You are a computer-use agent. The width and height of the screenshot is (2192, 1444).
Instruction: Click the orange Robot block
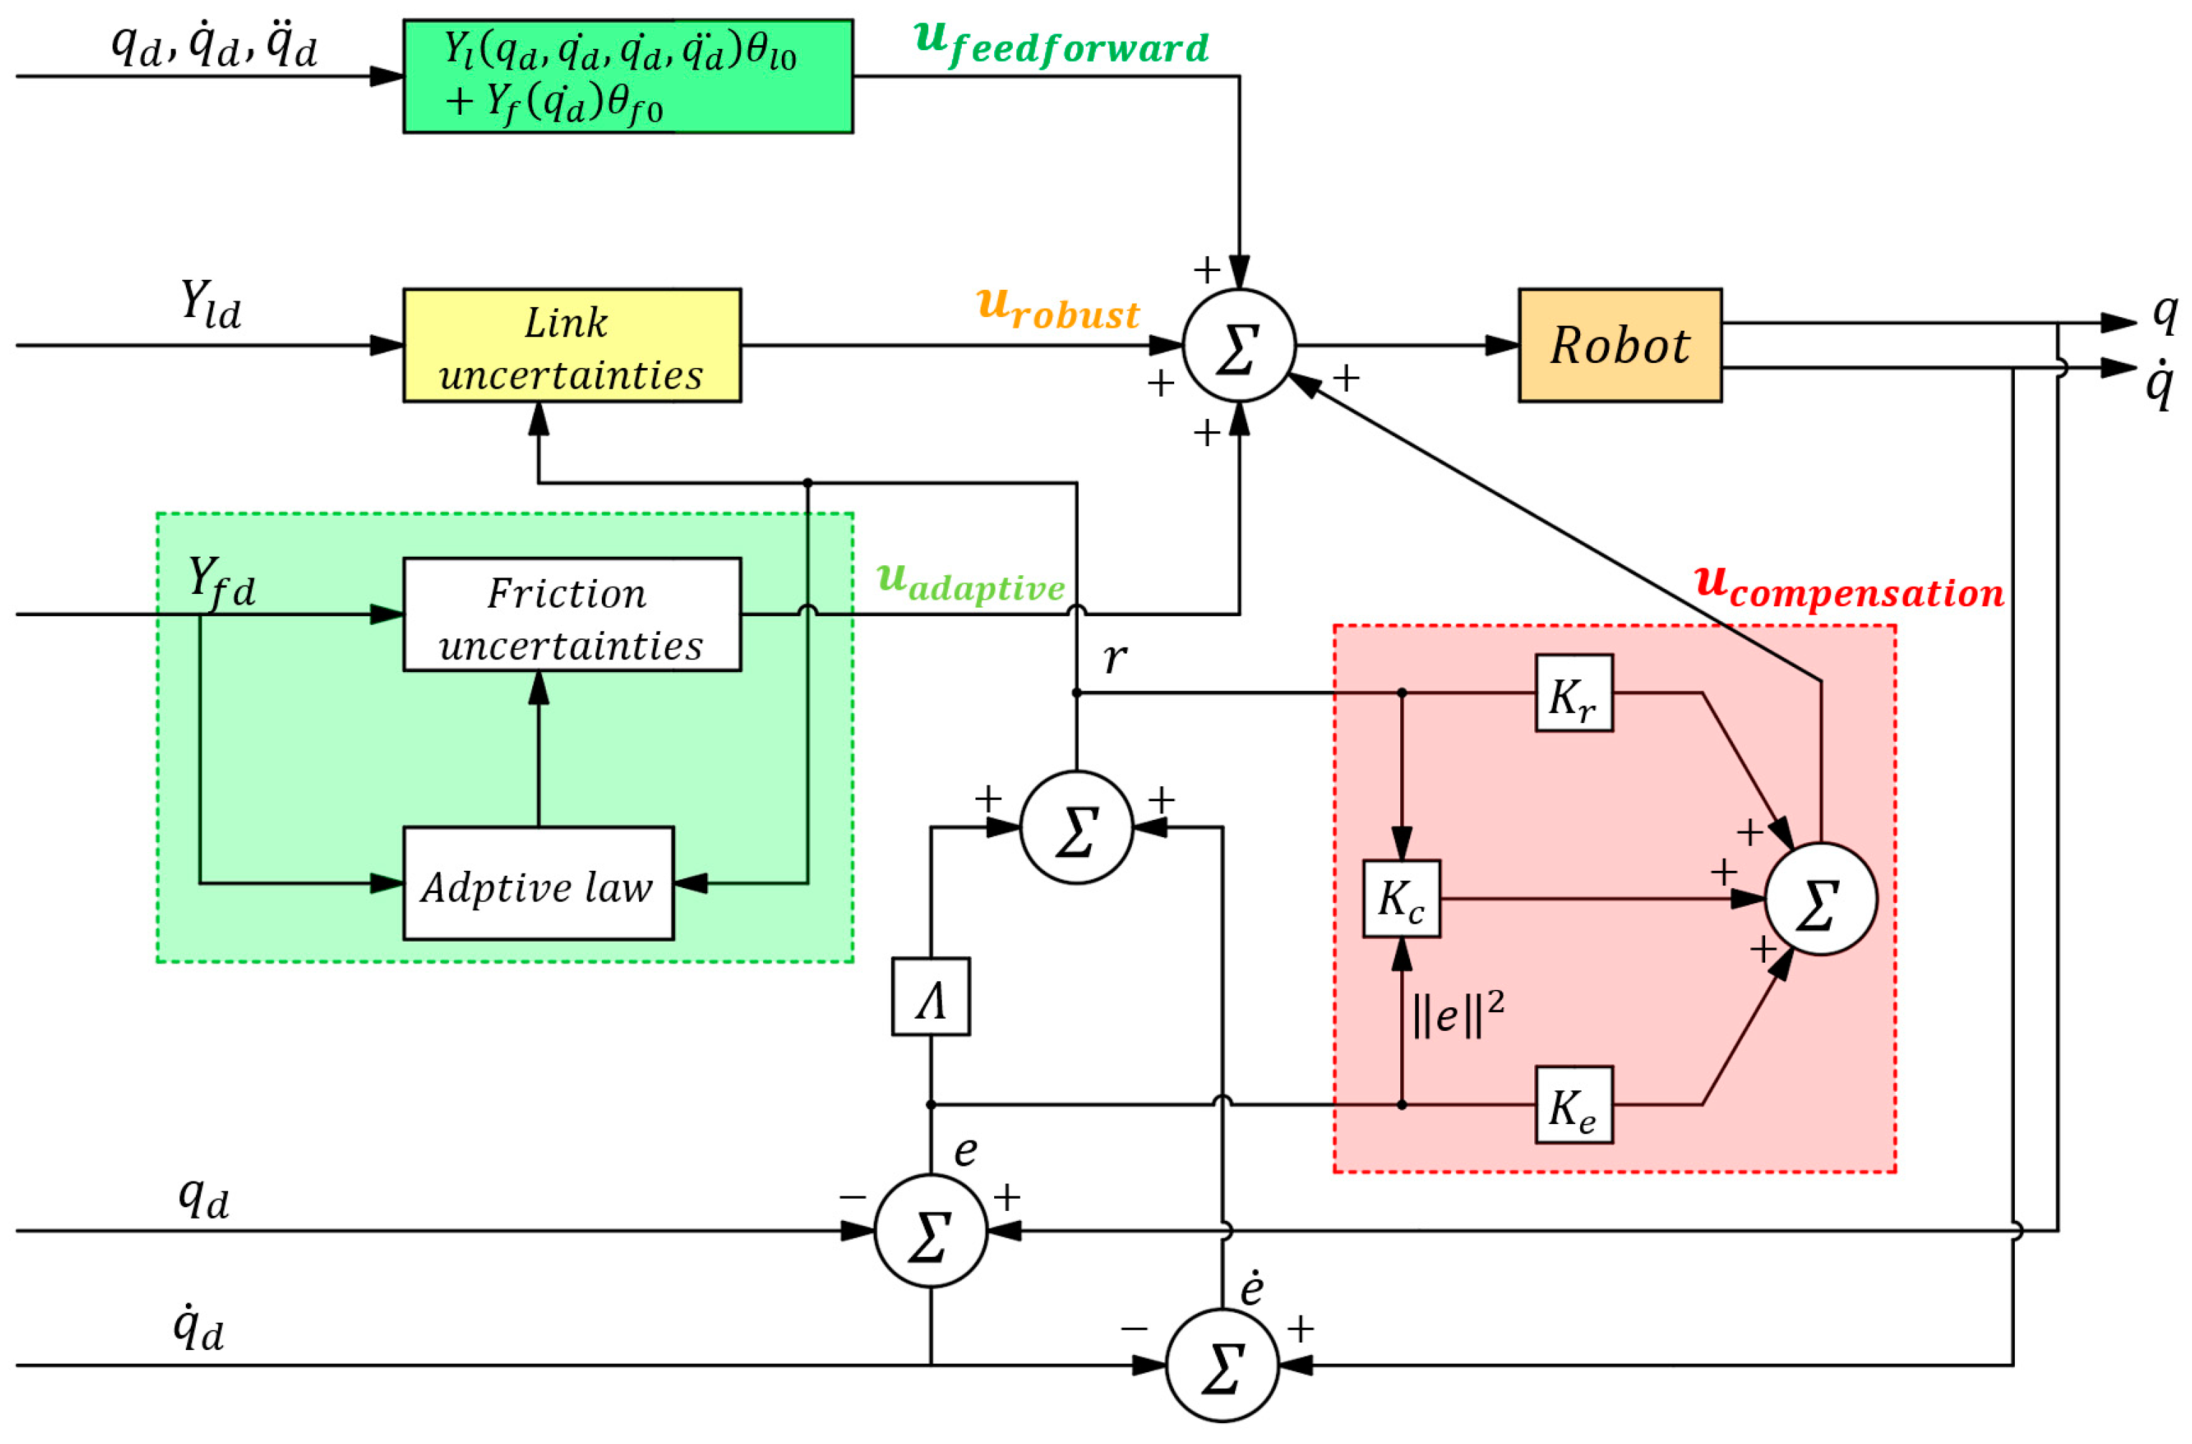click(1619, 345)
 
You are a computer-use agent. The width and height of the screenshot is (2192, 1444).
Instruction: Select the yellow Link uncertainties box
click(571, 345)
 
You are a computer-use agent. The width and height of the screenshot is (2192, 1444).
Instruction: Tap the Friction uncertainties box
click(571, 614)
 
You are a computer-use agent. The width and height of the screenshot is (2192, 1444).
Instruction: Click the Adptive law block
click(538, 883)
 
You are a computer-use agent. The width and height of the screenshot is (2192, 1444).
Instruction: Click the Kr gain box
click(1573, 692)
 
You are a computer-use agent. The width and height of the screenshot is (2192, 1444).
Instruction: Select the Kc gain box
click(1401, 899)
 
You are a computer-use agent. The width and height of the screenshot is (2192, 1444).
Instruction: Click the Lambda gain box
click(930, 996)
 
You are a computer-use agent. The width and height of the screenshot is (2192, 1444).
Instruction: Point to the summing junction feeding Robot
click(1239, 345)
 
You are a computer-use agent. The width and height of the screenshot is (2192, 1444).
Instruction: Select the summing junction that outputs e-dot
click(1222, 1365)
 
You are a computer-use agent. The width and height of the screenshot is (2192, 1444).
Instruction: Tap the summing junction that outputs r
click(1076, 827)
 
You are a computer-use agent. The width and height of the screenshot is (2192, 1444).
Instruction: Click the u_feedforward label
click(1060, 43)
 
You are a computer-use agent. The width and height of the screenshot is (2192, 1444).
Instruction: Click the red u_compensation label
click(1848, 587)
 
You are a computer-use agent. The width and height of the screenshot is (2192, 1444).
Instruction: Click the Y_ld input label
click(210, 304)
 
